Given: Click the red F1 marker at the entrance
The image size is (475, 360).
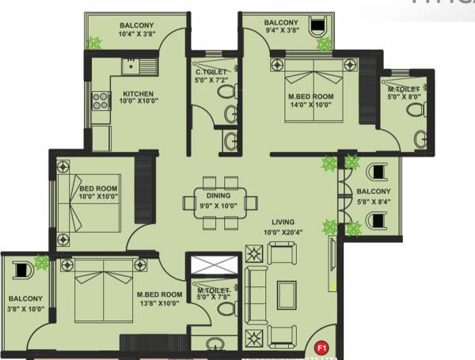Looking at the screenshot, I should (x=321, y=347).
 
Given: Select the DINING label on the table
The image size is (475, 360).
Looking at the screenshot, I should (x=218, y=195).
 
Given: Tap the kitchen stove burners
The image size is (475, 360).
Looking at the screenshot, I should (x=101, y=100).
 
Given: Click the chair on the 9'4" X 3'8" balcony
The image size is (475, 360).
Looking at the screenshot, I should (x=318, y=28).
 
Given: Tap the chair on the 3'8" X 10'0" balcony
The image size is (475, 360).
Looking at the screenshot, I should (x=21, y=267).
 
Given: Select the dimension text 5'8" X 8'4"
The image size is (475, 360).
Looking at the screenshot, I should (x=372, y=201).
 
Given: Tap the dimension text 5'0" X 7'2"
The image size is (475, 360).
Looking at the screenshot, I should (x=212, y=81).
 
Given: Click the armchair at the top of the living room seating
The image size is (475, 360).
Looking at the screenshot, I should (x=281, y=254).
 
